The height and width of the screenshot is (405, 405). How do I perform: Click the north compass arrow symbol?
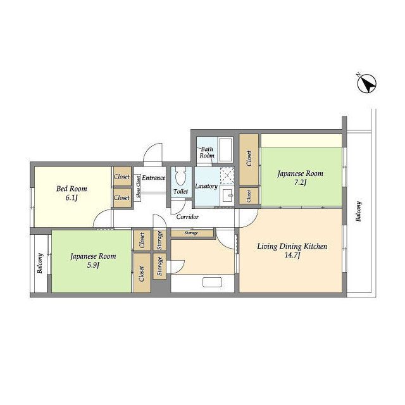[366, 84]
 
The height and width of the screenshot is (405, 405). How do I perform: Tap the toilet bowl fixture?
[180, 177]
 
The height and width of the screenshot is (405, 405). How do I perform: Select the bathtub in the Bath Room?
[225, 149]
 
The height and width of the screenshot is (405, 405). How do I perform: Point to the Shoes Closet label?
[138, 187]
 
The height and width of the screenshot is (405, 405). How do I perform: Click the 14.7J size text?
[292, 256]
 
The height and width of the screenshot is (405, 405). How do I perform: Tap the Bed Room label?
[72, 189]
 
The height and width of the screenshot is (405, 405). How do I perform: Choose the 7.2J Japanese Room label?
[301, 177]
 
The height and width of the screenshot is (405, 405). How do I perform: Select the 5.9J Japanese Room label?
[93, 260]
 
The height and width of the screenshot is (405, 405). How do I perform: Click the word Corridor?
[187, 216]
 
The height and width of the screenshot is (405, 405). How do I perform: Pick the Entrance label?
[153, 178]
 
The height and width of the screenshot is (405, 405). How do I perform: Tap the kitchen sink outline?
[213, 282]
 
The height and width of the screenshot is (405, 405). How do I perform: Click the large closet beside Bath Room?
[249, 159]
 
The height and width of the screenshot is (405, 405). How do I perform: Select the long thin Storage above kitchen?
[192, 233]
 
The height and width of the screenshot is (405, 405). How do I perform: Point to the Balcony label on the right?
[359, 211]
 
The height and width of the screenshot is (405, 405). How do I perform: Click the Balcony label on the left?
[40, 263]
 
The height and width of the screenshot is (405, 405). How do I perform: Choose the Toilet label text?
[180, 191]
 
